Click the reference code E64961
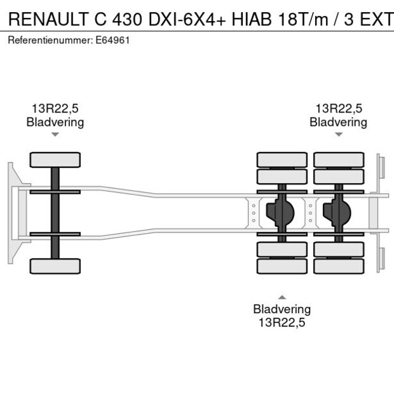click(x=116, y=40)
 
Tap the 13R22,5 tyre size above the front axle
click(x=55, y=109)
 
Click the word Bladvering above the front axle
click(x=55, y=122)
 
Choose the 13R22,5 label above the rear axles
click(x=338, y=109)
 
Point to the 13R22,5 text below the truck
click(x=282, y=322)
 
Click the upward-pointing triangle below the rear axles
click(x=282, y=297)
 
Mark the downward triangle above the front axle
click(x=55, y=135)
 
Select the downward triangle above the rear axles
click(x=338, y=135)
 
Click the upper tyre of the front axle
click(x=55, y=160)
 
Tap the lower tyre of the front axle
click(x=55, y=266)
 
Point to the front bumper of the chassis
click(x=11, y=212)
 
